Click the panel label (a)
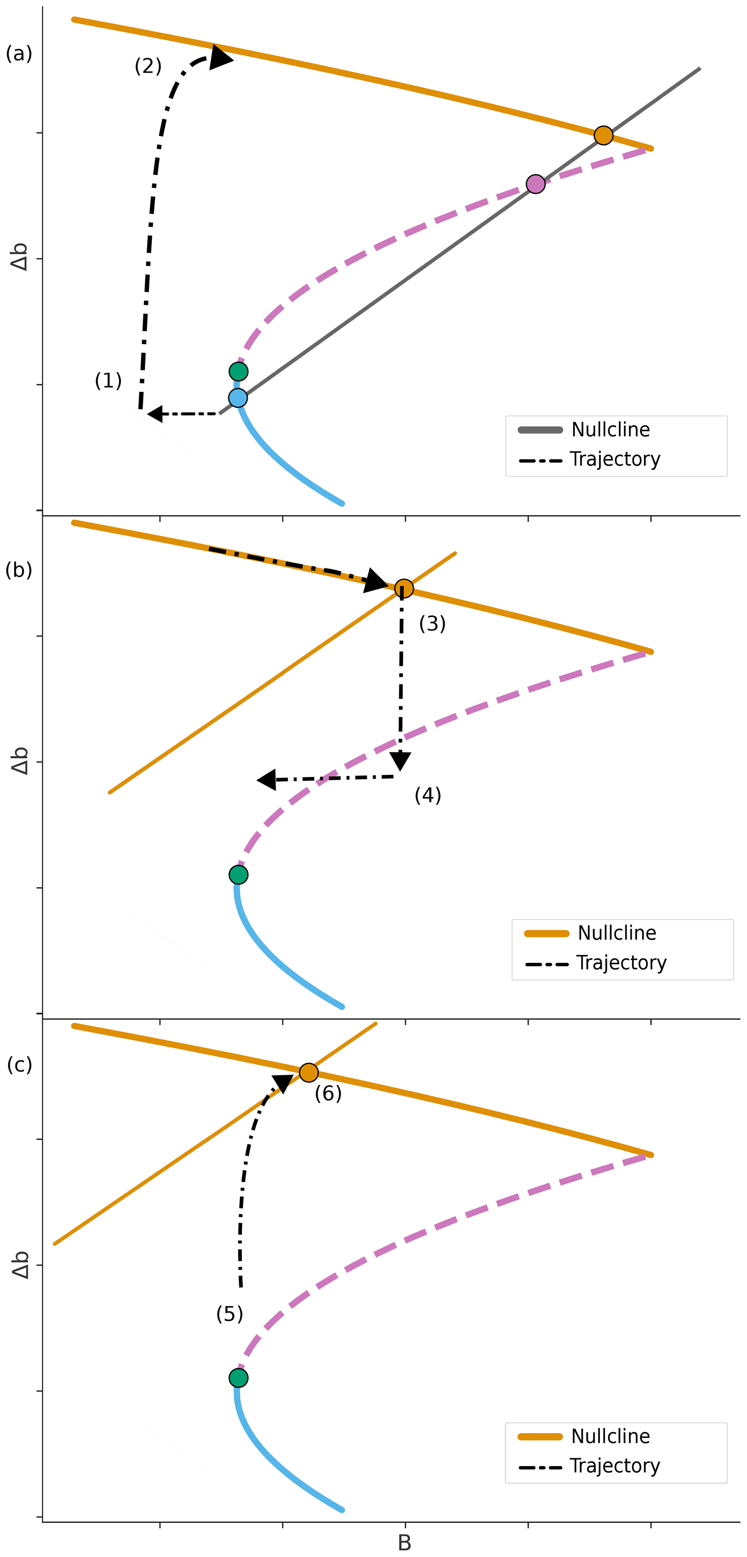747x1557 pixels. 19,54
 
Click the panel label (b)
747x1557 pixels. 19,570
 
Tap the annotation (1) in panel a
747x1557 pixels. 108,380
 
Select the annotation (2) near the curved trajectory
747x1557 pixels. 148,65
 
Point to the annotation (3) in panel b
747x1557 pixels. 432,623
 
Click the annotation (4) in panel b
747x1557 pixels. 428,795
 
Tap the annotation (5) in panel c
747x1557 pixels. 229,1313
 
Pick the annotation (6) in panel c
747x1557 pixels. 328,1093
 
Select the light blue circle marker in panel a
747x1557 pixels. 238,398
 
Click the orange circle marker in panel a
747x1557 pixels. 603,136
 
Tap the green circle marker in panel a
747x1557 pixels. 239,371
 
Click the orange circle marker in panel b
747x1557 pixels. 404,588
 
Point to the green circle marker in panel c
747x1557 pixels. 239,1377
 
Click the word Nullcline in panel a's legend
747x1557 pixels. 610,430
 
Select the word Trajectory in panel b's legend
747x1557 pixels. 621,962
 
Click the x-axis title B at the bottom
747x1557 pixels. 404,1543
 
